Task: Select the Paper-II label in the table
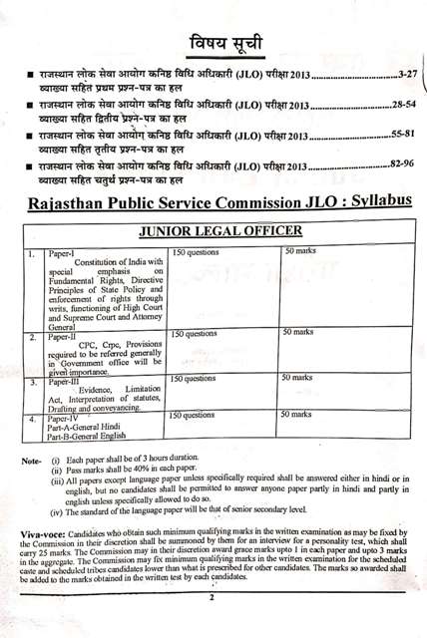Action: point(64,338)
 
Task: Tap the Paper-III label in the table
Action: point(65,382)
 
